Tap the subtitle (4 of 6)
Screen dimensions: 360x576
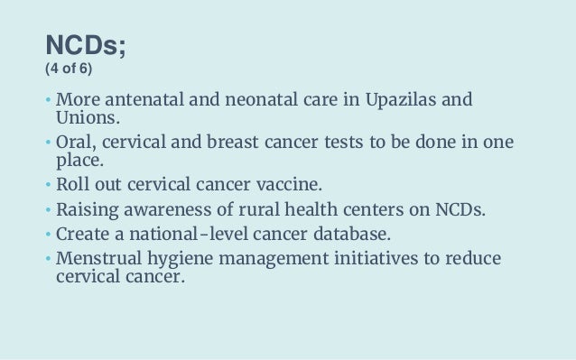pos(77,69)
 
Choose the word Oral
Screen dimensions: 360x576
pos(74,144)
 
